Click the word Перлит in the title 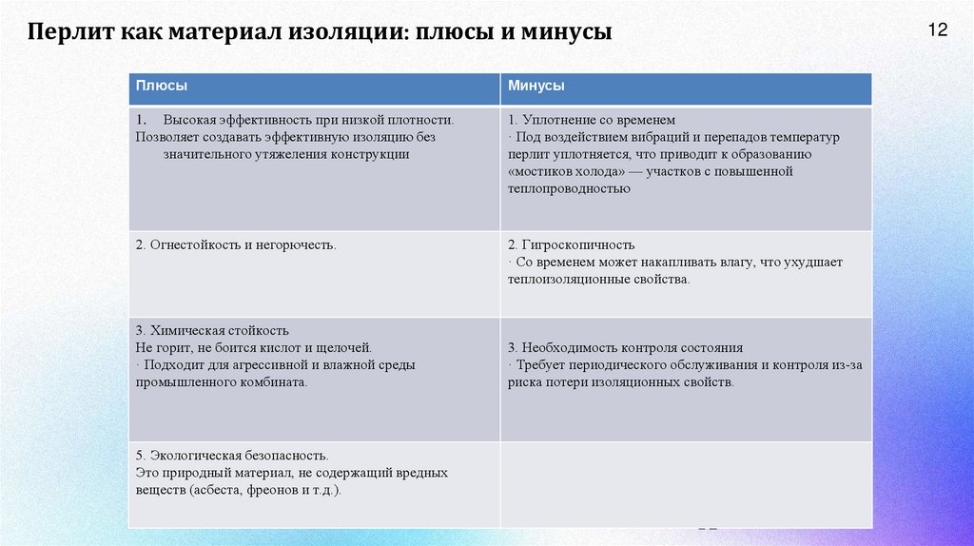click(69, 32)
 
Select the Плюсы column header click(161, 86)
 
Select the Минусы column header click(536, 86)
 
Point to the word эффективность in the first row click(271, 121)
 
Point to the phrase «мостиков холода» click(562, 172)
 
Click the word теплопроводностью click(569, 189)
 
